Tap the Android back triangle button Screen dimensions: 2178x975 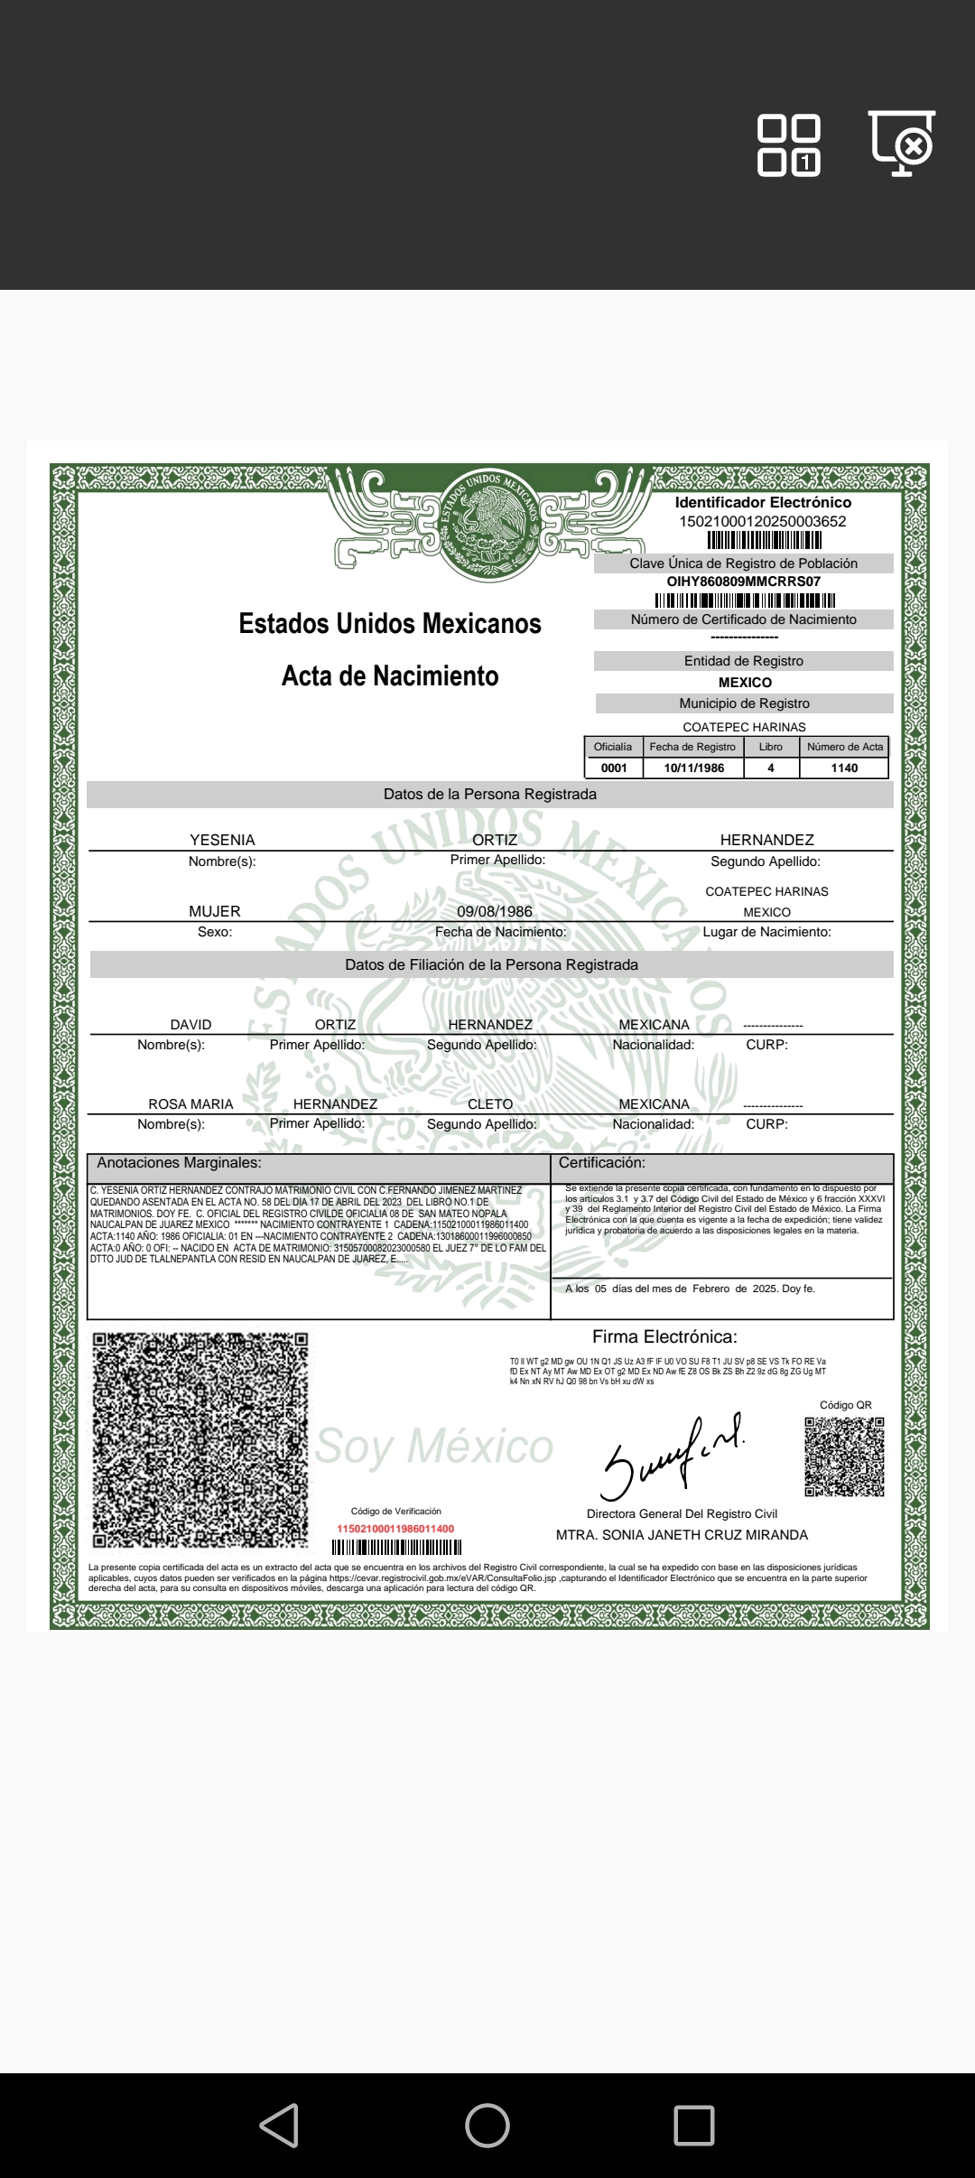click(x=280, y=2125)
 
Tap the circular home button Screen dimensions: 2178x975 click(x=487, y=2125)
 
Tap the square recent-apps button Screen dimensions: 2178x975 click(x=693, y=2125)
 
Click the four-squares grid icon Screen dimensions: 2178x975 click(x=788, y=145)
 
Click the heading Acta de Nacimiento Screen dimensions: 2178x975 click(x=390, y=676)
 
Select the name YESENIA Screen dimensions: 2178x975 click(x=222, y=840)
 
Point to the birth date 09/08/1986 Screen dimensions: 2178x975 click(x=495, y=911)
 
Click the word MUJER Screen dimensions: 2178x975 click(x=215, y=911)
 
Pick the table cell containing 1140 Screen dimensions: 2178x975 click(x=844, y=768)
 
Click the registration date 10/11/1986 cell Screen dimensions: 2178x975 click(x=693, y=768)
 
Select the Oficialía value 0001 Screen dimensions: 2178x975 click(x=614, y=768)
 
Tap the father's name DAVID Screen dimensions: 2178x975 click(x=190, y=1025)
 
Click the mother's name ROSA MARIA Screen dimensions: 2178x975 click(x=190, y=1104)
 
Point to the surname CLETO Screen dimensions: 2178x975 click(x=490, y=1104)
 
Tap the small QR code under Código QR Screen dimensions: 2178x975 click(x=844, y=1457)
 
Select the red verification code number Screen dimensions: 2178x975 click(x=395, y=1529)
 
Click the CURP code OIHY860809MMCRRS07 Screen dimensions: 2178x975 click(x=744, y=582)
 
